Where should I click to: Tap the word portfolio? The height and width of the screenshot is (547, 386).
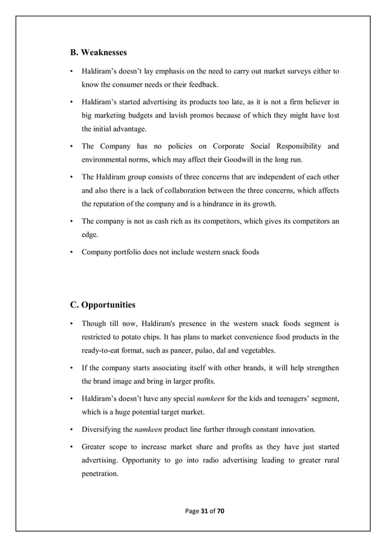[132, 251]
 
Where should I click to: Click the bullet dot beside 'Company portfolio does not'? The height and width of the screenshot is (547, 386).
[72, 251]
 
